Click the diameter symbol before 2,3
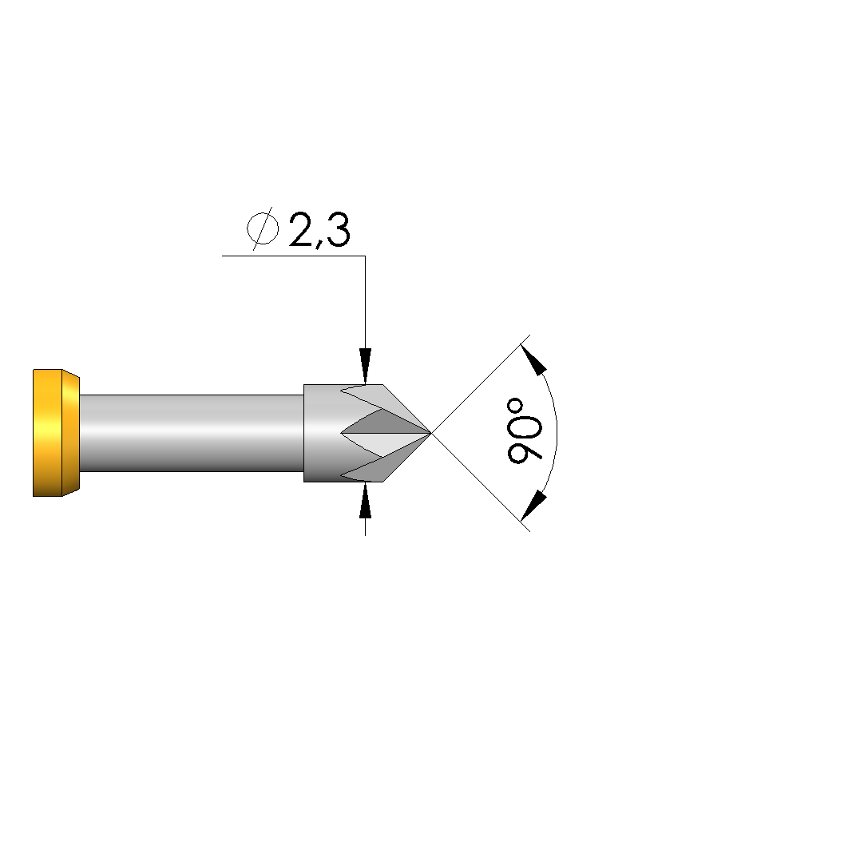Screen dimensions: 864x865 (263, 228)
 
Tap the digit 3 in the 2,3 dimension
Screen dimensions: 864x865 (338, 229)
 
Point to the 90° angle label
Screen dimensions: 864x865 (525, 431)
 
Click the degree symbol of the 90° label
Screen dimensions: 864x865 (516, 407)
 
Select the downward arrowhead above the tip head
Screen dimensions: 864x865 (365, 366)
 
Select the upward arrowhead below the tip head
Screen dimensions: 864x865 (365, 500)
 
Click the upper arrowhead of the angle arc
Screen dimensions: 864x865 (533, 359)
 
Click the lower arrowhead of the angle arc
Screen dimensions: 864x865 (533, 506)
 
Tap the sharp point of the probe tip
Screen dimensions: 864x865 (430, 433)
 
